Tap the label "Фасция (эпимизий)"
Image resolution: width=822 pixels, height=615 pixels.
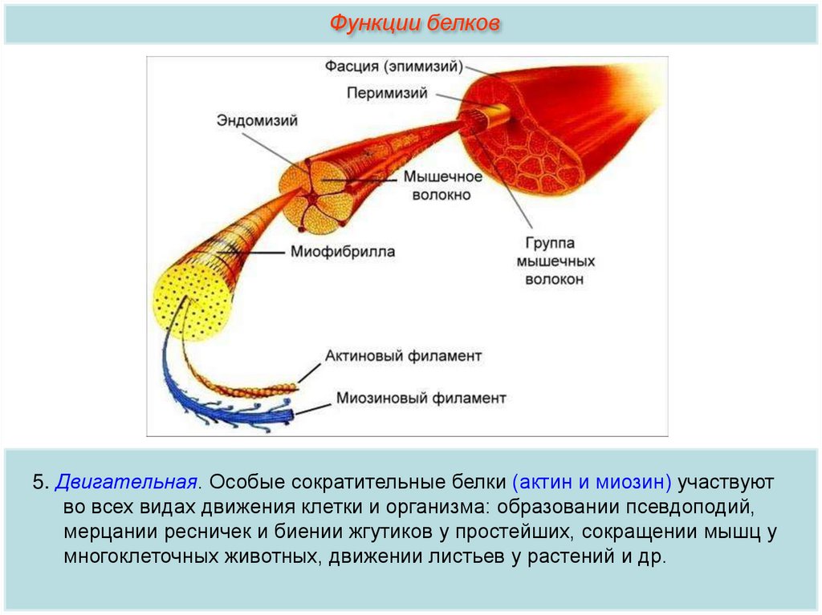click(393, 65)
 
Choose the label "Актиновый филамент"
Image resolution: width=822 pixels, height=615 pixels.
click(403, 355)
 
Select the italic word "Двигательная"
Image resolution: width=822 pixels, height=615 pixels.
click(127, 484)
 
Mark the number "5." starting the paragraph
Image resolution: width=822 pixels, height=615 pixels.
click(41, 484)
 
